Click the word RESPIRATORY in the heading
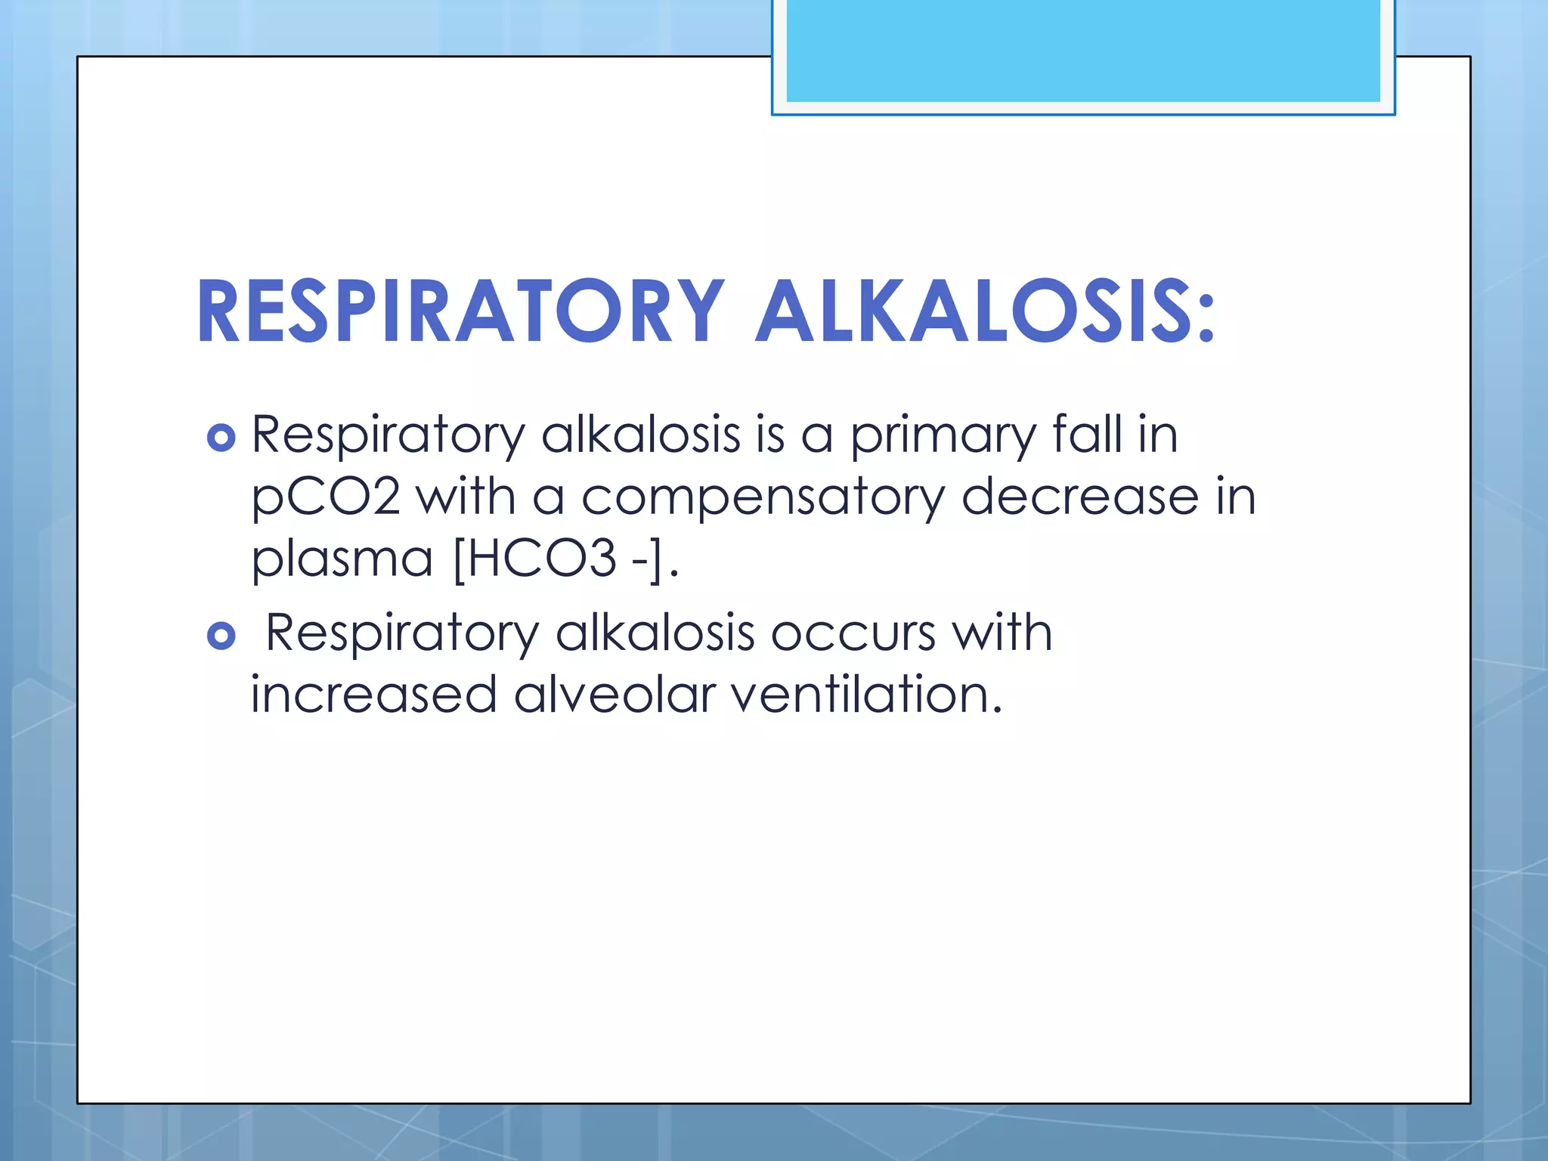pos(460,311)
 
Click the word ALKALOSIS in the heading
pos(971,311)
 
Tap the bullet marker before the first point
pos(221,438)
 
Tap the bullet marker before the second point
pos(221,636)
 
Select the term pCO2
pos(325,499)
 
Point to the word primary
pos(943,437)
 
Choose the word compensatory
pos(763,499)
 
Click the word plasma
pos(342,561)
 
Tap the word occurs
pos(853,633)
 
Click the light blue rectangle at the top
pos(1082,51)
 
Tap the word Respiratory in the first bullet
pos(387,437)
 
